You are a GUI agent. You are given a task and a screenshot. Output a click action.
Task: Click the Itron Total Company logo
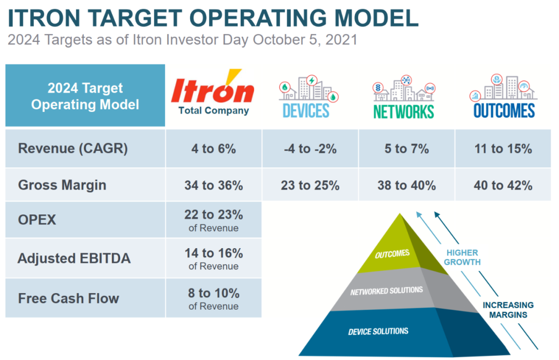[x=213, y=93]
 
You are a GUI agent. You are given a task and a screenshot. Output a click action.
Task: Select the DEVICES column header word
[x=306, y=110]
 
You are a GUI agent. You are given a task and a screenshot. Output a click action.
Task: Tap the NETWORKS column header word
[x=403, y=111]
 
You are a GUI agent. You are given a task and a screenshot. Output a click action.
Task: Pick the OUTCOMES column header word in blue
[x=504, y=110]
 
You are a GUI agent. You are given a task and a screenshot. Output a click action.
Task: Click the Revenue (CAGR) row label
[x=72, y=149]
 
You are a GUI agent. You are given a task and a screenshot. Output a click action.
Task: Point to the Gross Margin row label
[x=62, y=185]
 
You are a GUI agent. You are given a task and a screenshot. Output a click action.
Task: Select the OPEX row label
[x=37, y=220]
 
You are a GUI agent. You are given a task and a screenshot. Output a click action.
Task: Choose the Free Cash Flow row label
[x=68, y=298]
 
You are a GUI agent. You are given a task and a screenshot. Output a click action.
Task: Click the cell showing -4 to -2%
[x=310, y=149]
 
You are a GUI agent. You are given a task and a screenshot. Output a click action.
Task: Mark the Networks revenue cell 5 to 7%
[x=406, y=149]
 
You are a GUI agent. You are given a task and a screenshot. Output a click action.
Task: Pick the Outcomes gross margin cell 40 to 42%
[x=503, y=185]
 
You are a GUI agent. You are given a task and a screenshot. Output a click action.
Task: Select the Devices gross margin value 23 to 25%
[x=310, y=185]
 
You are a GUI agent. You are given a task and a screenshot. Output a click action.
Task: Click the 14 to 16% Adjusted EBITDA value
[x=213, y=253]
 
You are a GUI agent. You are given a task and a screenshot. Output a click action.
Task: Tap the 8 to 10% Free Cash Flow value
[x=213, y=293]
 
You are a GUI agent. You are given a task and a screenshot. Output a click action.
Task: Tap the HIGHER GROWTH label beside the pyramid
[x=463, y=257]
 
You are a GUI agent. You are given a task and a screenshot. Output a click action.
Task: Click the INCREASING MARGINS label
[x=508, y=310]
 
